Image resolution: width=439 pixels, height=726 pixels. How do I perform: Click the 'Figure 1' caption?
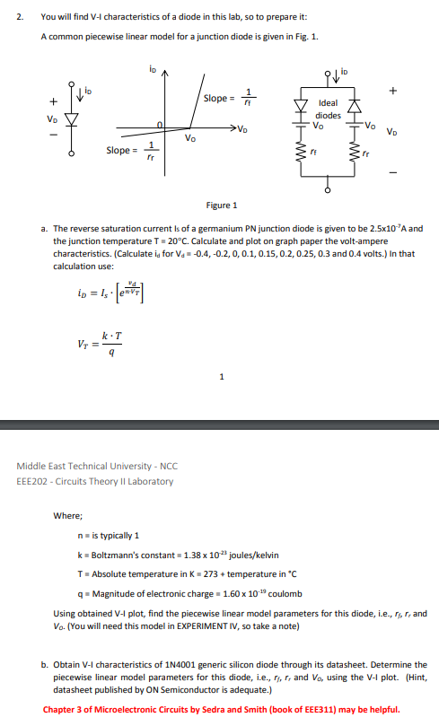tap(222, 205)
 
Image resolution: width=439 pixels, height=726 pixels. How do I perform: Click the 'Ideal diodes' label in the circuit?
tap(329, 109)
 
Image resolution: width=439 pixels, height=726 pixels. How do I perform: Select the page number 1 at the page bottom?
tap(220, 377)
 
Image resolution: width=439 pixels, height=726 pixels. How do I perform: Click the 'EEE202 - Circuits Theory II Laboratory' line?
tap(94, 481)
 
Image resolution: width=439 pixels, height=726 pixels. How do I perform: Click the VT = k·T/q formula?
tap(95, 343)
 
